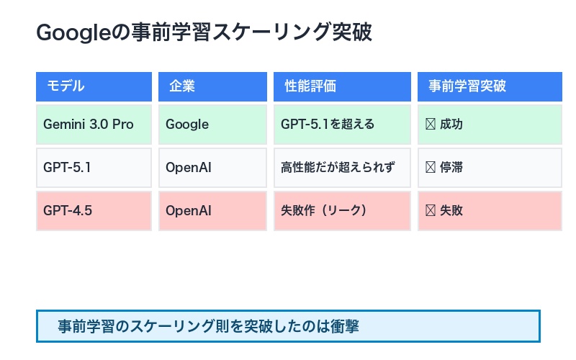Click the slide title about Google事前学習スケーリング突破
pos(204,33)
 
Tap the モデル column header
pos(94,86)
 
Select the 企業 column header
pos(212,86)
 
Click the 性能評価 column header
pos(342,86)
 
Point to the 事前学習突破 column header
pos(490,86)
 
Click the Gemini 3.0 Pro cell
pos(94,124)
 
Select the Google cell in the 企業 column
pos(212,124)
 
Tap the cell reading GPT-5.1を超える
pos(342,124)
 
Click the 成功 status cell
pos(490,124)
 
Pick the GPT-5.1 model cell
pos(94,168)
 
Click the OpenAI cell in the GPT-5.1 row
pos(212,168)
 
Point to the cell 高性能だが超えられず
pos(342,168)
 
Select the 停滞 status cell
pos(490,168)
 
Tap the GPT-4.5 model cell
pos(94,211)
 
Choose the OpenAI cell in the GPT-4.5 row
pos(212,211)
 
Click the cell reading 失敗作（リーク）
pos(342,211)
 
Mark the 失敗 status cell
pos(490,211)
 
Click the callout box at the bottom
pos(288,326)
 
